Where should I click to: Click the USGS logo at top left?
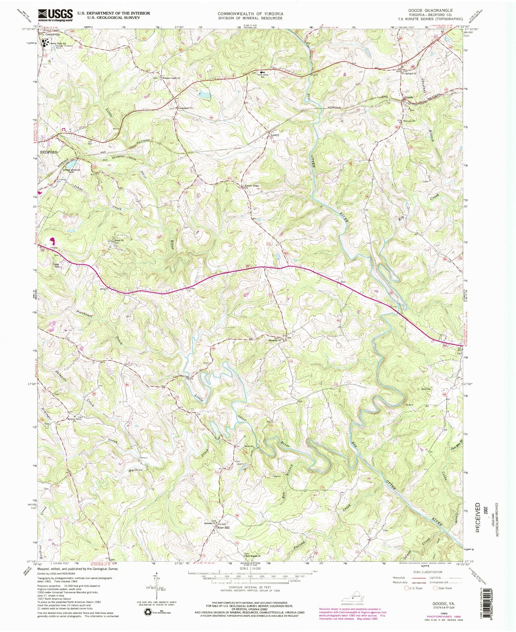(x=55, y=15)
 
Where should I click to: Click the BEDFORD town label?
(x=48, y=152)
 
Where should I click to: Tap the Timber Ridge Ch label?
(x=252, y=186)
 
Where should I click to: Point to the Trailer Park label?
(x=57, y=266)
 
